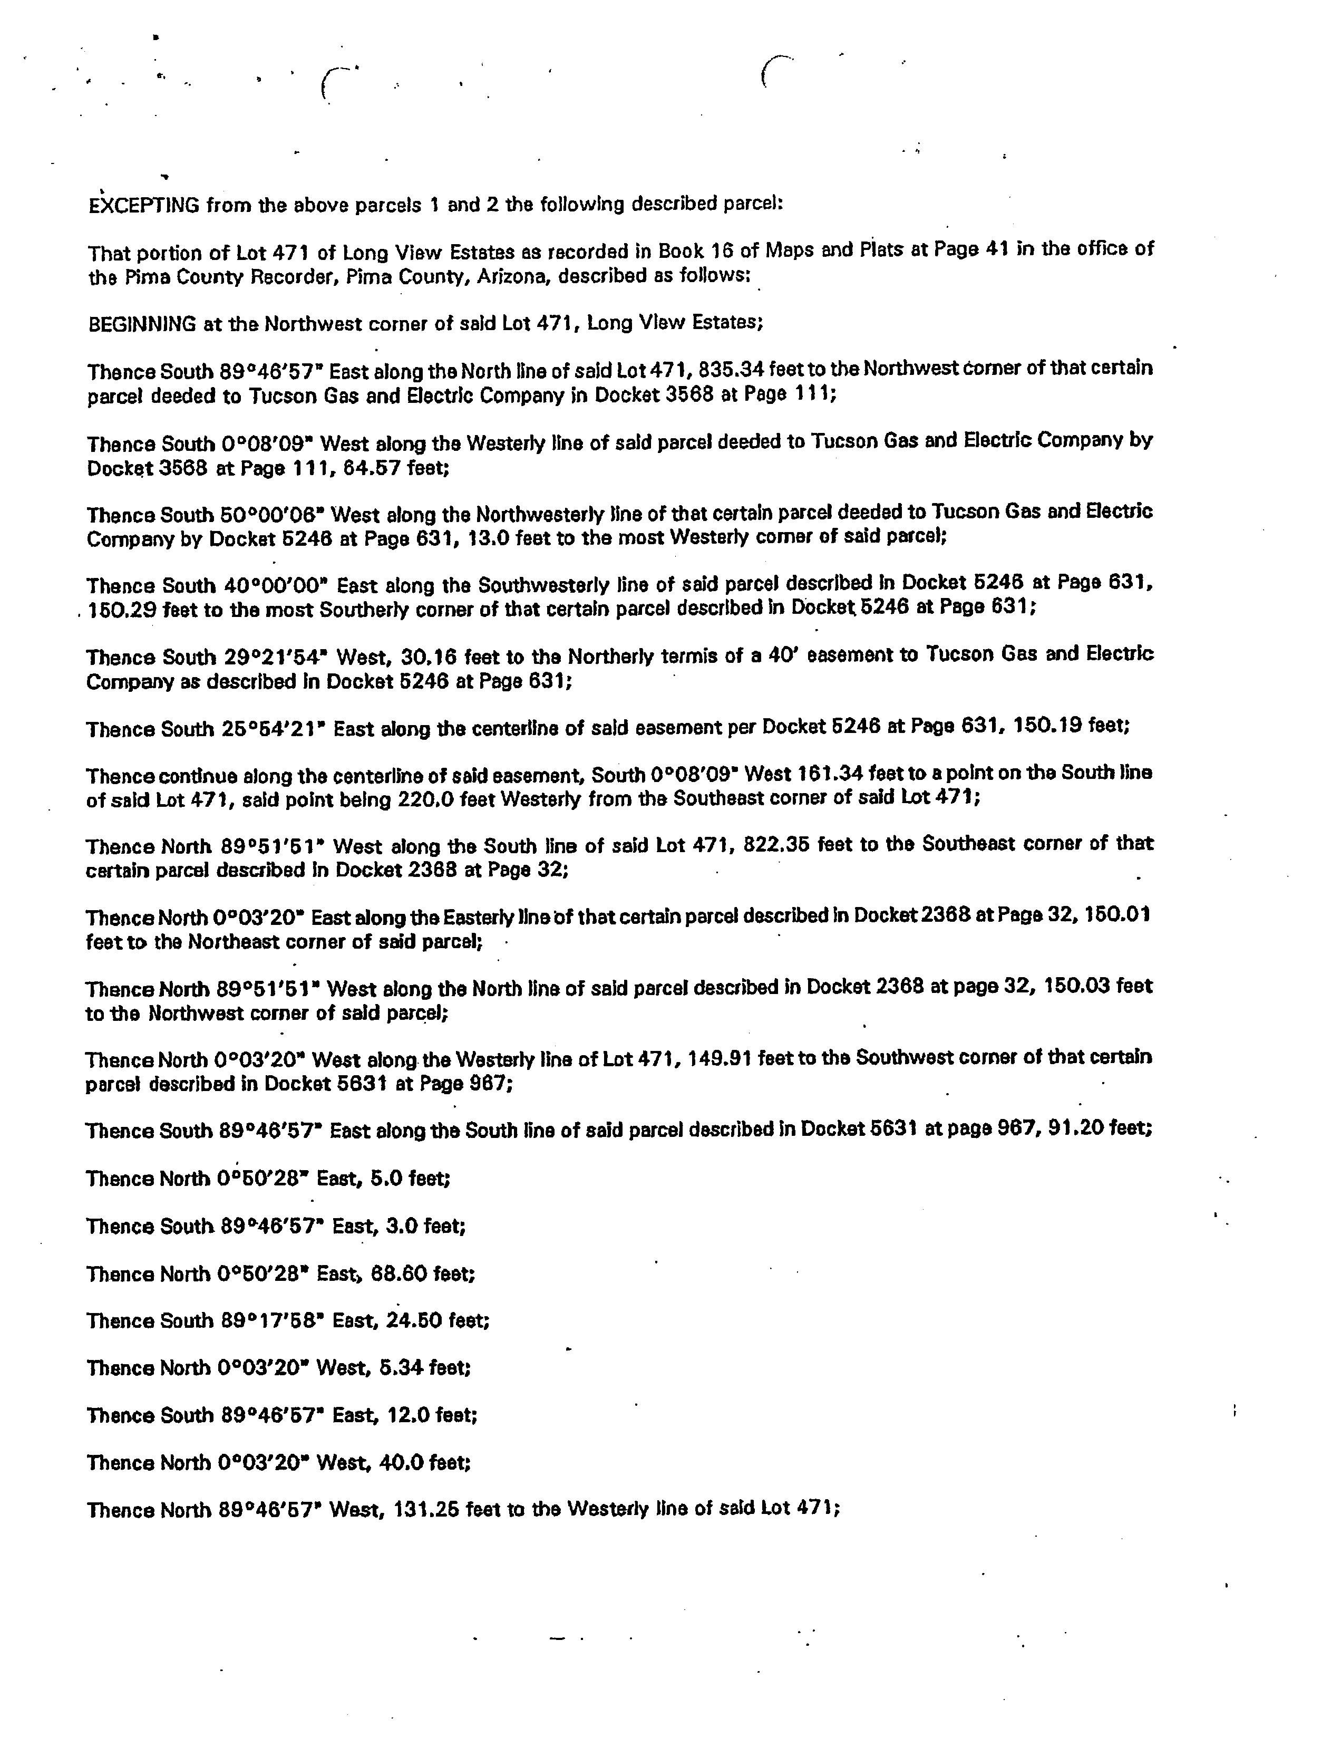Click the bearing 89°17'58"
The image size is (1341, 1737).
271,1320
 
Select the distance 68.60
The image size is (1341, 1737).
397,1273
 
